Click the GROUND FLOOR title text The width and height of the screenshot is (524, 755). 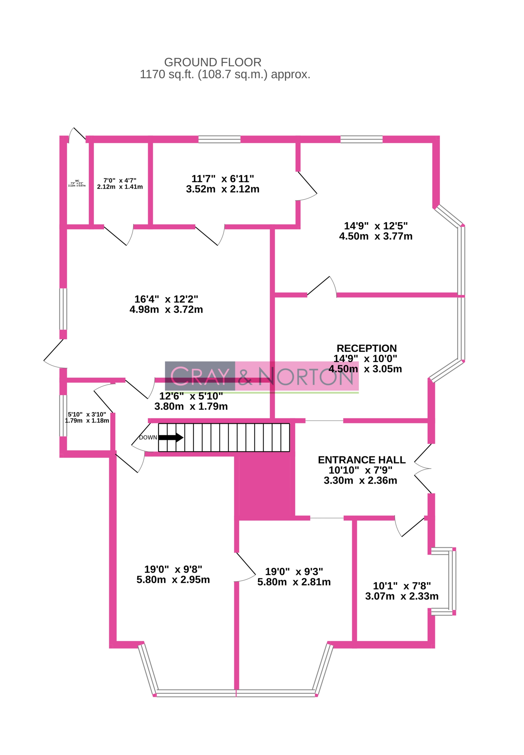[x=213, y=62]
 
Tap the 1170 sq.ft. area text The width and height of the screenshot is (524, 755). [x=225, y=75]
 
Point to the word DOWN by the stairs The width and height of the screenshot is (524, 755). [x=148, y=437]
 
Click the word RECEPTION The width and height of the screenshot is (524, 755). [x=366, y=348]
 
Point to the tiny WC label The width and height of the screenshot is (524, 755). [x=77, y=181]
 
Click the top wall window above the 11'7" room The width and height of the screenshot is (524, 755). [x=219, y=139]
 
